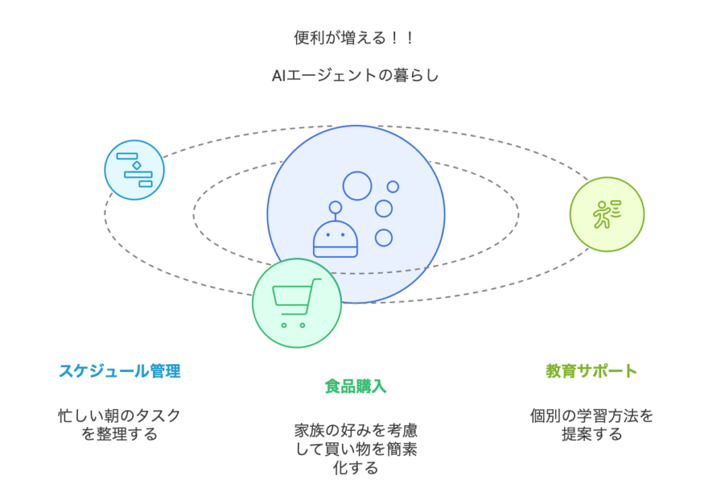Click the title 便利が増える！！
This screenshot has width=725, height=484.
click(x=354, y=38)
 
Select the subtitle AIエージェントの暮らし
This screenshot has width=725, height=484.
click(x=355, y=75)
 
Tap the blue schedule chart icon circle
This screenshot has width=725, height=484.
click(x=135, y=170)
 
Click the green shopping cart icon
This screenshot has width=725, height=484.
click(x=297, y=303)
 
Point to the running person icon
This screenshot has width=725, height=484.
click(x=607, y=214)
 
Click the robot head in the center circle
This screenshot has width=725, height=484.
click(x=335, y=238)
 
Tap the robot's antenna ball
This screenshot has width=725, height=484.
click(x=335, y=208)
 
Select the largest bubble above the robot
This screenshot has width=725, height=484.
click(x=357, y=186)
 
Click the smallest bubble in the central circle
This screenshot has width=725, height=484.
click(x=393, y=186)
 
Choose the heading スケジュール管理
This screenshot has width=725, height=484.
click(x=120, y=371)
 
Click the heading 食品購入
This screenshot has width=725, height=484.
click(x=355, y=386)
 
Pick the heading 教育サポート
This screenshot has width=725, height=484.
click(x=591, y=371)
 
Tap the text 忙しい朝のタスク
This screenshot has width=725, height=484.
click(x=119, y=415)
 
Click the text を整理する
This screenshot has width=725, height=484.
click(x=119, y=434)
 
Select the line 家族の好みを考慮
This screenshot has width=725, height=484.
click(x=356, y=430)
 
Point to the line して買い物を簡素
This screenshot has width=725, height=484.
click(x=356, y=449)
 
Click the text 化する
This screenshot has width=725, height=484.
click(x=355, y=468)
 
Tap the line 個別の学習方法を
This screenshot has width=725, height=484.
click(x=591, y=415)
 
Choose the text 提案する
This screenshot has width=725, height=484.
click(x=591, y=434)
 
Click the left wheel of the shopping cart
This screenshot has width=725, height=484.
click(x=284, y=325)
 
